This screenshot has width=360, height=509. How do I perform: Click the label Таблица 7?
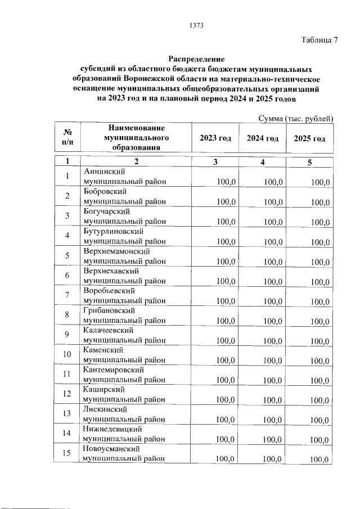click(x=319, y=40)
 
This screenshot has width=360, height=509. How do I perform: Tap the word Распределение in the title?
click(x=196, y=59)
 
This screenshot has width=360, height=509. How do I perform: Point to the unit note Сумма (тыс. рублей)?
click(x=296, y=118)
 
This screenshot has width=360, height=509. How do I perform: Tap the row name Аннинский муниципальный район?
click(x=124, y=177)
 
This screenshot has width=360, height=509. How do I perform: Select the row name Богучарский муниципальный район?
click(x=124, y=216)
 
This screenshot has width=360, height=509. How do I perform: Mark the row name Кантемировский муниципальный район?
click(x=124, y=375)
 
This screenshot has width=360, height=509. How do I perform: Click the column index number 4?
click(x=262, y=162)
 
